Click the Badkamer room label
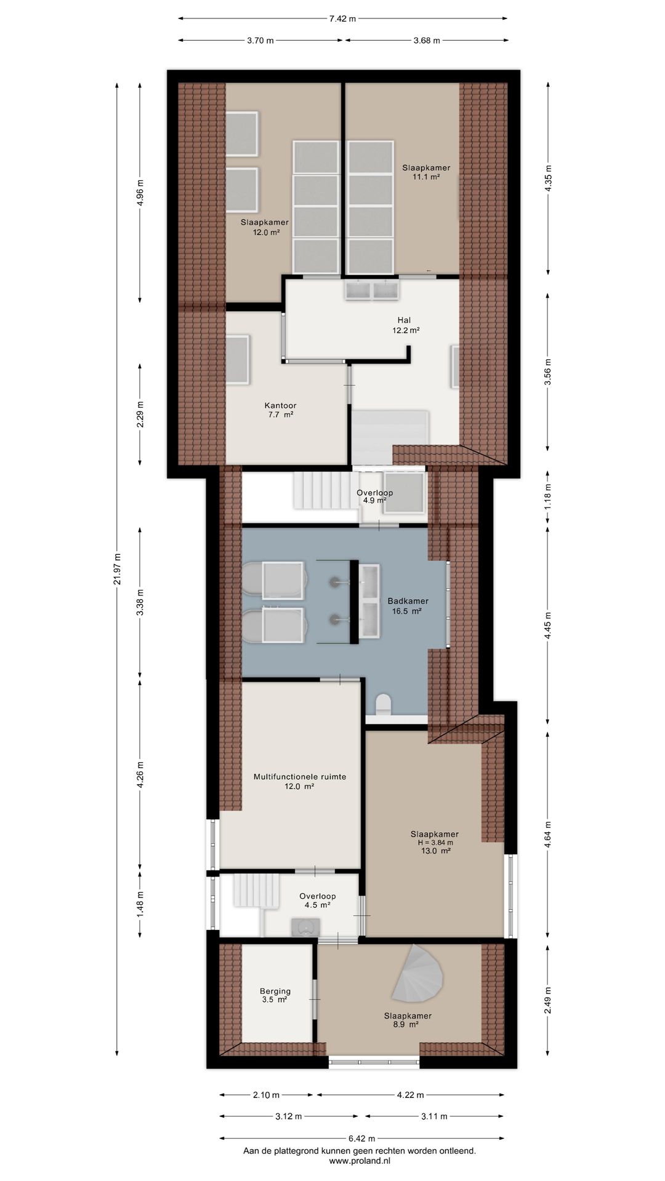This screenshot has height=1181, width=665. [x=408, y=606]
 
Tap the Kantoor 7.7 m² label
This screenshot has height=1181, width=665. [x=280, y=410]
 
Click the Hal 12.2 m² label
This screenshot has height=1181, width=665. [x=406, y=325]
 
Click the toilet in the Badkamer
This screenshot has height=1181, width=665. [x=383, y=704]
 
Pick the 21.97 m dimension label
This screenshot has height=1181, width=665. [x=118, y=569]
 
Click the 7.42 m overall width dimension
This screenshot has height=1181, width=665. [x=342, y=18]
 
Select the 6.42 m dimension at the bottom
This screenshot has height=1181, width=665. [x=361, y=1139]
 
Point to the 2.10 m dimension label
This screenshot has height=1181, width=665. [x=266, y=1095]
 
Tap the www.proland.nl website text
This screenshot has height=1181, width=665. [x=360, y=1161]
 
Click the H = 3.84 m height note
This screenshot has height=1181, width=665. [x=435, y=843]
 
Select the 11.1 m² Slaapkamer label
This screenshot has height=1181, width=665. [x=426, y=172]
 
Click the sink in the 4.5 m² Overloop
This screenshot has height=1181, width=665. [x=305, y=927]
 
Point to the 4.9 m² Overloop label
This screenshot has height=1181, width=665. [x=374, y=496]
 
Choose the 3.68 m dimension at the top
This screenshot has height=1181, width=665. [x=427, y=41]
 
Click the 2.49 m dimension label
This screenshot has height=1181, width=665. [x=548, y=1000]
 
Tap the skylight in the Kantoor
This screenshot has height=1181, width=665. [x=237, y=360]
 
